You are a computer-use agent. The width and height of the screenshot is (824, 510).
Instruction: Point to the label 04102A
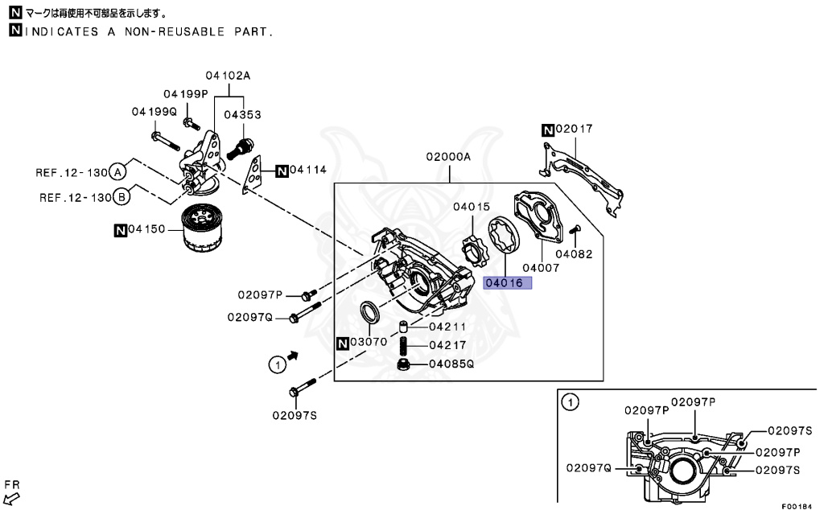click(x=227, y=76)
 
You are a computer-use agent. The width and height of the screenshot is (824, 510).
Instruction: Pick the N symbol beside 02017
click(x=547, y=129)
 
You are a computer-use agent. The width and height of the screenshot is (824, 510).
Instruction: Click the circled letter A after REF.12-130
click(x=118, y=171)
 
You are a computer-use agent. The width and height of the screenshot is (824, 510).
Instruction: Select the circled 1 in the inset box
click(x=569, y=402)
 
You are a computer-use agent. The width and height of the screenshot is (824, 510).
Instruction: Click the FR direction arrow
click(x=12, y=500)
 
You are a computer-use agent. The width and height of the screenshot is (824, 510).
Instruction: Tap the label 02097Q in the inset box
click(x=588, y=467)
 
